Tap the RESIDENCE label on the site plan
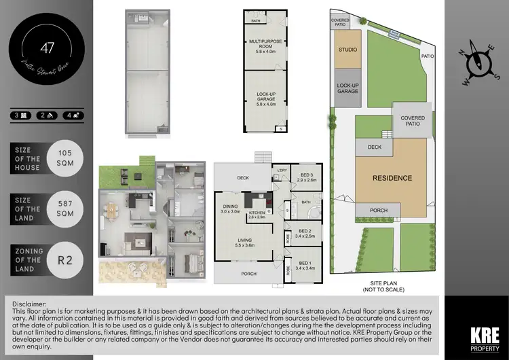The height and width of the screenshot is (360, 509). (392, 178)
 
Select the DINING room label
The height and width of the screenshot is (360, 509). (231, 209)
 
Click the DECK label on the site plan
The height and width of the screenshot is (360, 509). (375, 146)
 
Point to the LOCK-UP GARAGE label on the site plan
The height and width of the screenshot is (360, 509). (347, 89)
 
